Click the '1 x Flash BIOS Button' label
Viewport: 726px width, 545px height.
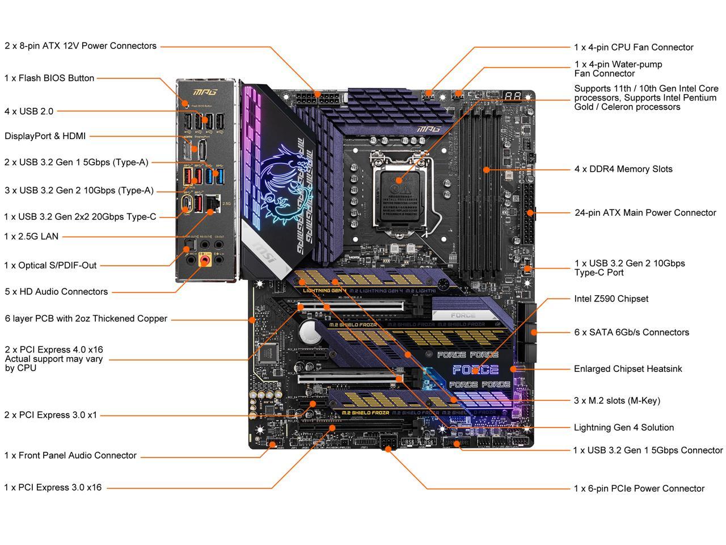(x=49, y=78)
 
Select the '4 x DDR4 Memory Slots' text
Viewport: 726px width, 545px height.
(x=623, y=169)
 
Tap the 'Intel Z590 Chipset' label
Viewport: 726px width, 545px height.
(x=611, y=299)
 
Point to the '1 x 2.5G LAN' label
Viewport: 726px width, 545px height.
(x=31, y=236)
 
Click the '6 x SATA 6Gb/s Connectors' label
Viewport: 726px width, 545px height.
(x=631, y=332)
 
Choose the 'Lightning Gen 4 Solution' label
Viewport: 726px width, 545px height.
(x=623, y=427)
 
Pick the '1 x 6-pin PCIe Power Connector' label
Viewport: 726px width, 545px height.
(x=639, y=488)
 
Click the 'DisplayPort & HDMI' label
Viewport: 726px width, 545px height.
(x=45, y=136)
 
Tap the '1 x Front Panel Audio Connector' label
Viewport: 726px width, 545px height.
(x=70, y=455)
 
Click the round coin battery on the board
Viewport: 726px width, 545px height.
(x=310, y=332)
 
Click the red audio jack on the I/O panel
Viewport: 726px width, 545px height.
(x=205, y=261)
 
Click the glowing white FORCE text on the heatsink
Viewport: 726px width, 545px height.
(x=475, y=370)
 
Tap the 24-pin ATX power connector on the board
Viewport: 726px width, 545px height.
(x=530, y=213)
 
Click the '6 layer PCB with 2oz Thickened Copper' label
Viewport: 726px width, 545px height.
(x=86, y=318)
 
